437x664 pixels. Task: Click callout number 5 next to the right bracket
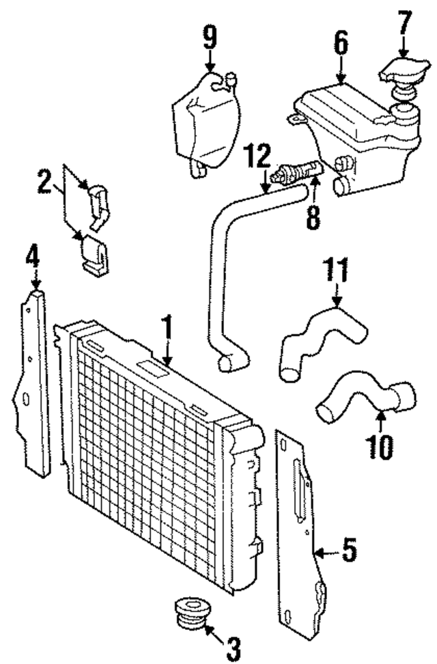point(349,551)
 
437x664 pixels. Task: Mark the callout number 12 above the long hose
point(259,158)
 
